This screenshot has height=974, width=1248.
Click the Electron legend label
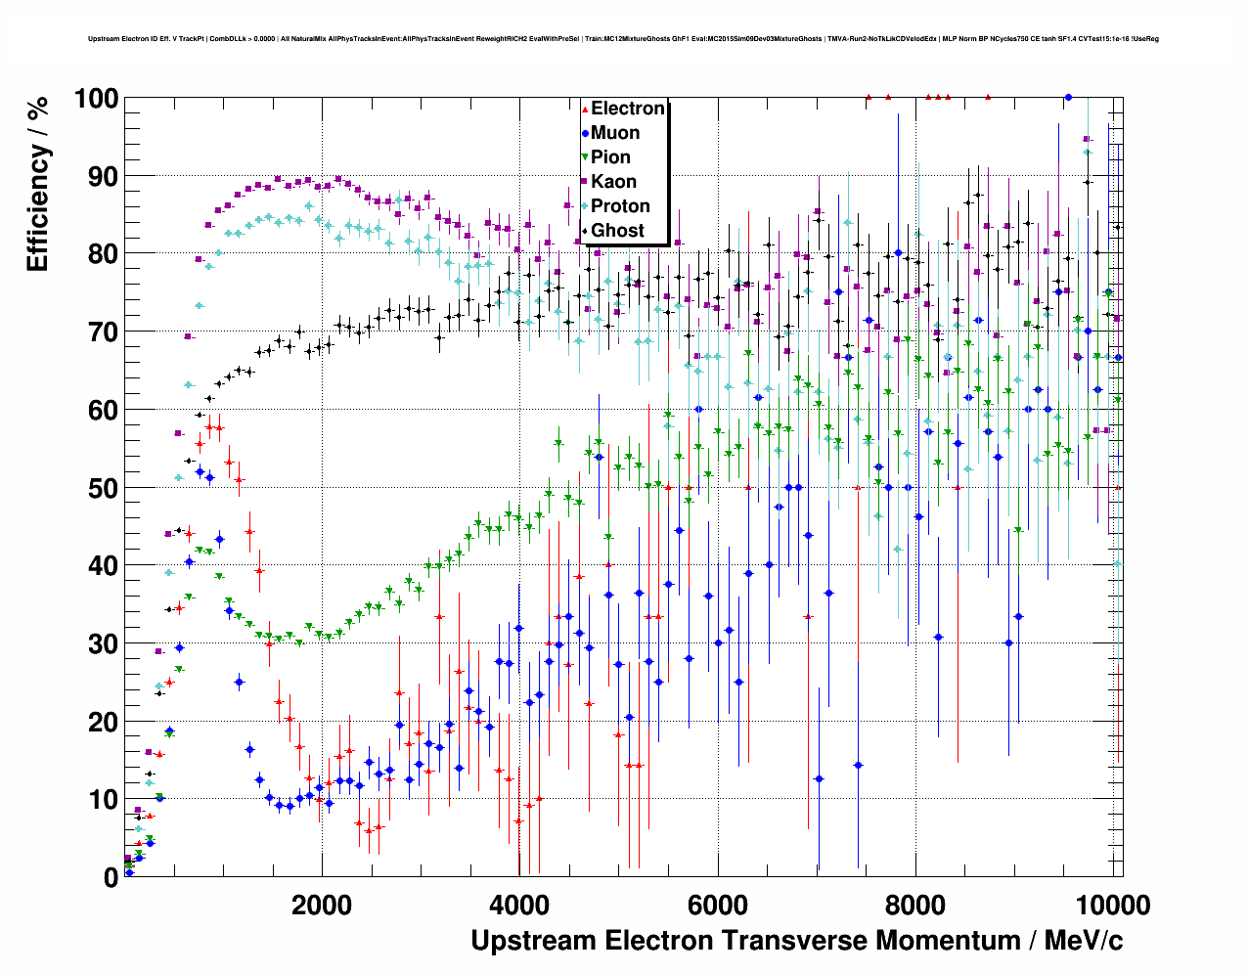coord(628,109)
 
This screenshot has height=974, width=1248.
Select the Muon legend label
coord(615,133)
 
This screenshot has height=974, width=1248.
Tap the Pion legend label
coord(610,157)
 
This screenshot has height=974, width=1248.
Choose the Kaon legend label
coord(613,182)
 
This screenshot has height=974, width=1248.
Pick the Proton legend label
coord(620,206)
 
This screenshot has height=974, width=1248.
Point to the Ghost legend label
coord(617,231)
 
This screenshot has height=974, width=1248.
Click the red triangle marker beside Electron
coord(585,110)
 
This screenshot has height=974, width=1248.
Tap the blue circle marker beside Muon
coord(585,134)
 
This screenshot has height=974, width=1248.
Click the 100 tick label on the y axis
coord(96,99)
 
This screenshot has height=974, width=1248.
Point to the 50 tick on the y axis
coord(103,488)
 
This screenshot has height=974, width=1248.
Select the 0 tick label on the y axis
coord(111,878)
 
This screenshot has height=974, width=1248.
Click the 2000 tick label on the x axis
coord(322,905)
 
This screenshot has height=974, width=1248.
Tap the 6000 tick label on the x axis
coord(718,905)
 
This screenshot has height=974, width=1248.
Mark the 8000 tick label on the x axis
coord(915,905)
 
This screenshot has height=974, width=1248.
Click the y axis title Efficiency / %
coord(37,184)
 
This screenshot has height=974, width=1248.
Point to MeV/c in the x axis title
coord(1084,941)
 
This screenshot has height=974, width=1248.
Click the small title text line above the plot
coord(623,39)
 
